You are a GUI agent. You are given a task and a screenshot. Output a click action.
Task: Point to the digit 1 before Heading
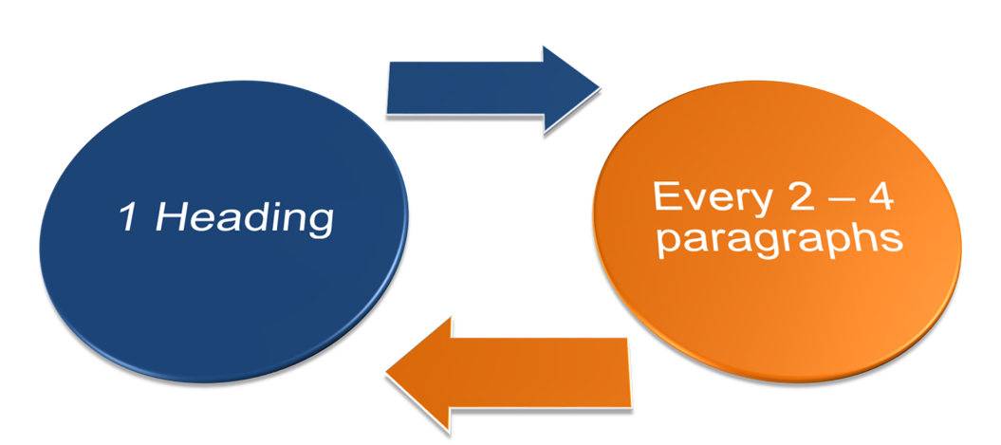pos(127,218)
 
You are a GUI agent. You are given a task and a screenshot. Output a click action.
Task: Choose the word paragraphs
pos(778,238)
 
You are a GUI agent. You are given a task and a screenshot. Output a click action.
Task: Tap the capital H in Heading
pos(170,218)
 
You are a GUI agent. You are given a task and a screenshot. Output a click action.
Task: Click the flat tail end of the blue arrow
pos(389,89)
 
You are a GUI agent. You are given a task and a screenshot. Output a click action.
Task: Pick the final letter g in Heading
pos(320,224)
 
